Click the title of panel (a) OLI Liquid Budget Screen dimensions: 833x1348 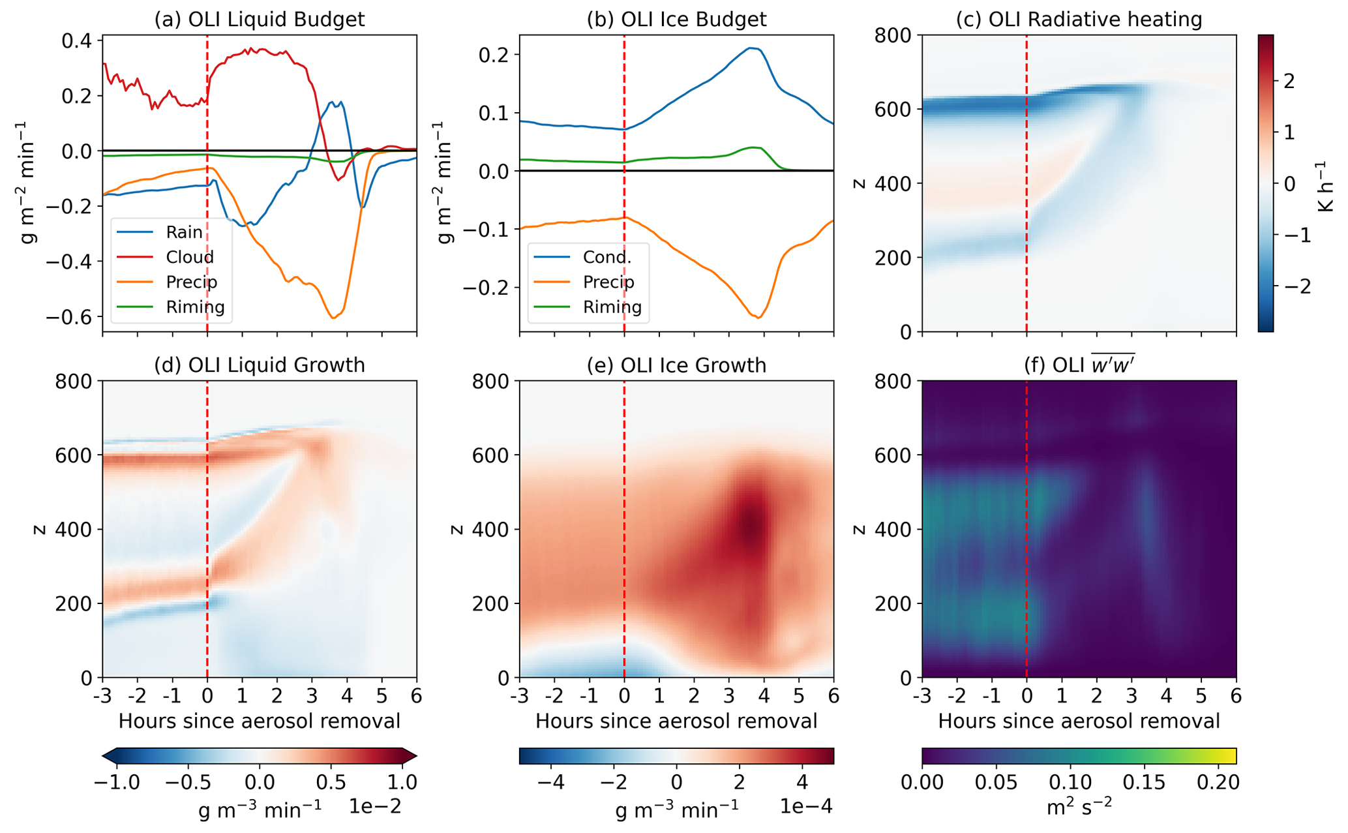pos(259,19)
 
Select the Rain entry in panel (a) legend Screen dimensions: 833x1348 pos(184,232)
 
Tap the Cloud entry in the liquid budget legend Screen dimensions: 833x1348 pos(189,257)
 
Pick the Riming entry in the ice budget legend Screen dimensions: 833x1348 pos(612,307)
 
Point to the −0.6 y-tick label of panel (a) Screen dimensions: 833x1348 pos(72,317)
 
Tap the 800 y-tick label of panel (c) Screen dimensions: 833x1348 pos(894,35)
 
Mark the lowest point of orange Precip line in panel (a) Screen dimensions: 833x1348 pos(333,318)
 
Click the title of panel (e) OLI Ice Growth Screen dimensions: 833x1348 pos(676,365)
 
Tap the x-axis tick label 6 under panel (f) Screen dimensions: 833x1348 pos(1236,696)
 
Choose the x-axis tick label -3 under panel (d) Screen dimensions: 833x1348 pos(102,696)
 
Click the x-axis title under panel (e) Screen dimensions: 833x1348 pos(676,721)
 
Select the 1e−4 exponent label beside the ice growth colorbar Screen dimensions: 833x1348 pos(806,807)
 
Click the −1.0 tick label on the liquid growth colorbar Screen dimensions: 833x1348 pos(117,782)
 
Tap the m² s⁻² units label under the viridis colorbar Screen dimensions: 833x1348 pos(1079,808)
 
